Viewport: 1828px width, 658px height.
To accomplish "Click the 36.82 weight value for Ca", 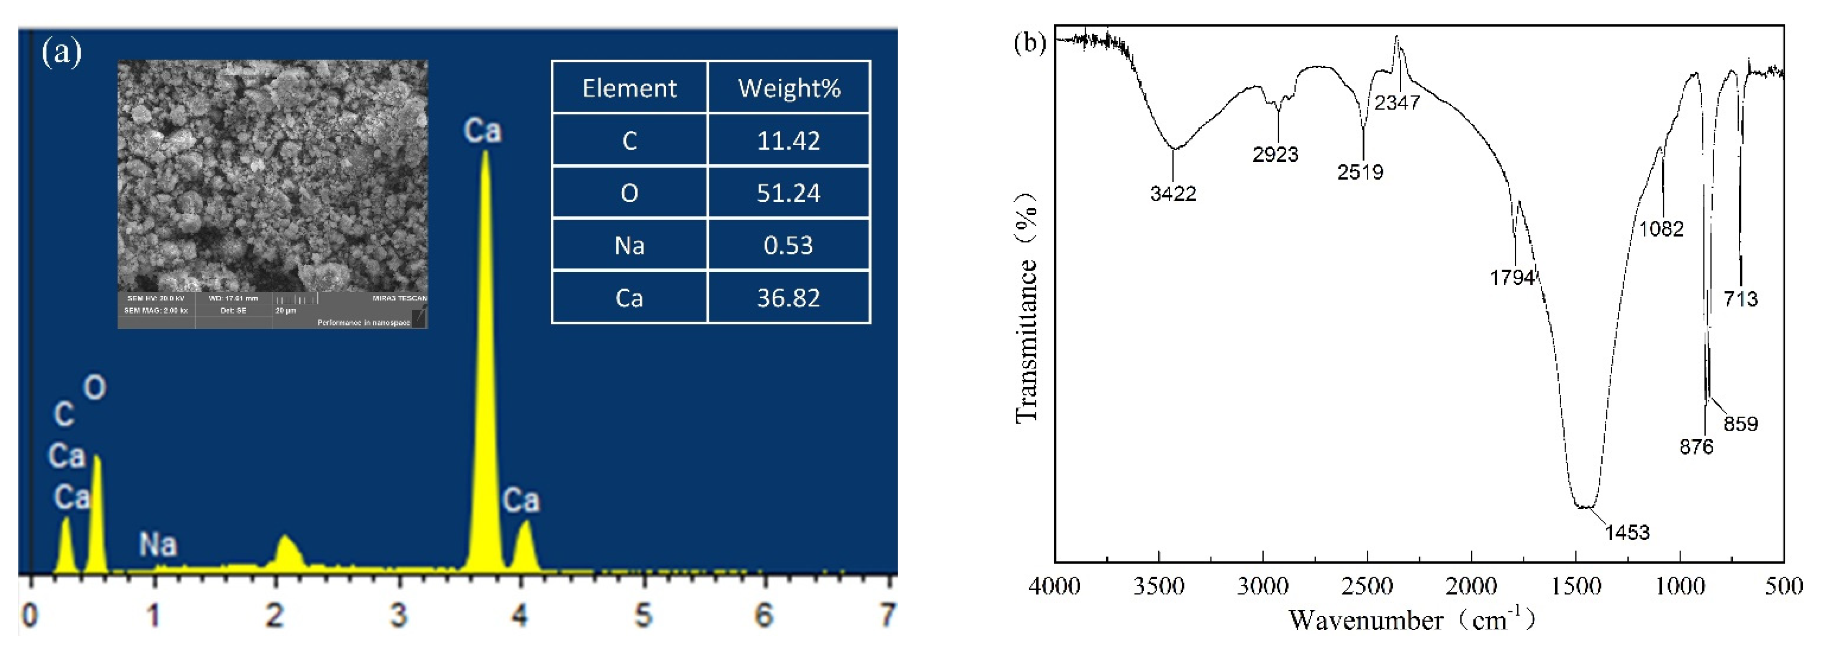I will (788, 298).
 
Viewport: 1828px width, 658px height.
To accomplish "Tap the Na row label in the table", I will (630, 245).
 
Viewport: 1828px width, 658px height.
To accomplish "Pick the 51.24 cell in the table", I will (788, 193).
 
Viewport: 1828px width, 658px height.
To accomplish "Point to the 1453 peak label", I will (1627, 532).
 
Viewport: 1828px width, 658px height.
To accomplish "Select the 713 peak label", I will (1741, 298).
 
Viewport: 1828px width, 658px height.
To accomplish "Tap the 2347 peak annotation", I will (1396, 103).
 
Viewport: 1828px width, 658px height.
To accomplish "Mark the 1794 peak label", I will (1512, 277).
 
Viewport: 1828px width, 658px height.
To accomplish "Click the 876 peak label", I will (1696, 447).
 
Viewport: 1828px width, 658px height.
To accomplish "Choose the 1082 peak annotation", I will (1661, 228).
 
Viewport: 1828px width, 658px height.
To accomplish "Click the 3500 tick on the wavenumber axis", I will (1159, 586).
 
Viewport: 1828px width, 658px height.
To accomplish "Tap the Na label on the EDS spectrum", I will (158, 544).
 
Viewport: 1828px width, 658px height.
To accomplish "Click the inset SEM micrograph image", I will (272, 177).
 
